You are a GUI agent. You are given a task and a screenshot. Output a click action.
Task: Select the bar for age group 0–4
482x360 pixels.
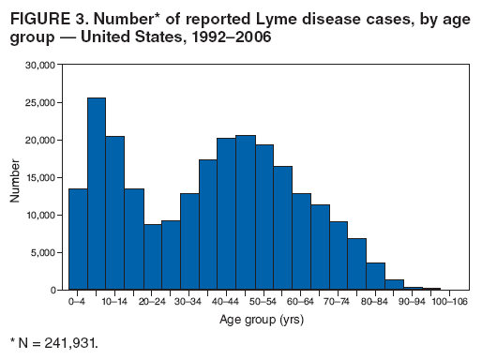click(78, 239)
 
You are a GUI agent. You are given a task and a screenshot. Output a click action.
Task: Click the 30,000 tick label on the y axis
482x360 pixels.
click(41, 65)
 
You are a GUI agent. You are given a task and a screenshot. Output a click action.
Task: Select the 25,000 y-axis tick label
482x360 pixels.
click(41, 102)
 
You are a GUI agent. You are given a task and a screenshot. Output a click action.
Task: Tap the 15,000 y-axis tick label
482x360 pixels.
click(41, 177)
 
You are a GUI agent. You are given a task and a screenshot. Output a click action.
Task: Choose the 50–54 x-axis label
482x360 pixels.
click(264, 301)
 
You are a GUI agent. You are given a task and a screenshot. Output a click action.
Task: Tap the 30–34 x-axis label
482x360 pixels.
click(189, 301)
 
